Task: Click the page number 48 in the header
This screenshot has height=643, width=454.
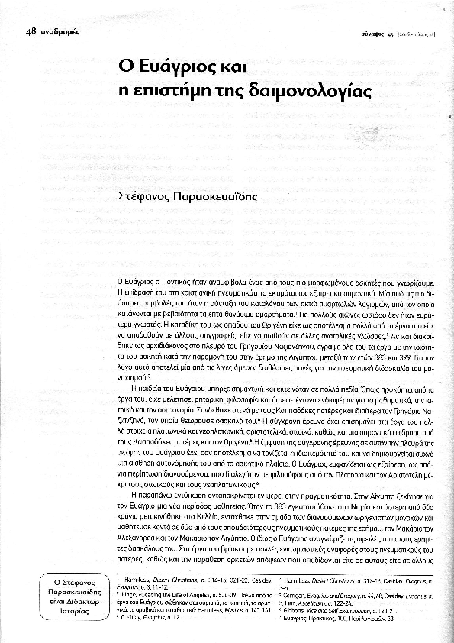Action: coord(31,31)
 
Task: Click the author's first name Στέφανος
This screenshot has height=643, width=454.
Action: coord(146,195)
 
